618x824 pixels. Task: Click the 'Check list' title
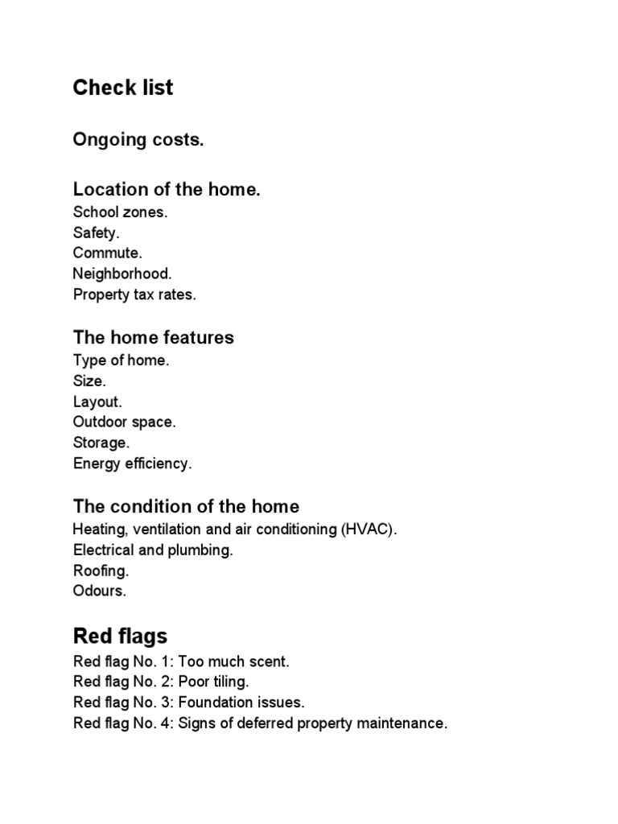click(x=122, y=88)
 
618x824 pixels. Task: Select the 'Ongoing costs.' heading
click(x=138, y=140)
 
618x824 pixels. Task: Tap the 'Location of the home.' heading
click(x=167, y=190)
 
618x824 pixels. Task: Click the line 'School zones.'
click(x=120, y=212)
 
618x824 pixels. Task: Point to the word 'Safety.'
click(x=96, y=233)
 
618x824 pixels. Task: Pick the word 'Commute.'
click(x=107, y=253)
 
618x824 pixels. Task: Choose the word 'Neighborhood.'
click(x=122, y=274)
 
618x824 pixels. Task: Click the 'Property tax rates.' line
click(x=134, y=295)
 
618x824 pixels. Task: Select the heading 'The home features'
click(x=153, y=338)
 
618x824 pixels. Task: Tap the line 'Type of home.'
click(x=121, y=360)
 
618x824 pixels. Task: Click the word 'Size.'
click(x=89, y=381)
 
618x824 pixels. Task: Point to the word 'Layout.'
click(x=97, y=402)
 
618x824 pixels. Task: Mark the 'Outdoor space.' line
click(x=124, y=422)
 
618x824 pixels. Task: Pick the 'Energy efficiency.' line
click(x=132, y=463)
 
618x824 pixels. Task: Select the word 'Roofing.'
click(x=101, y=571)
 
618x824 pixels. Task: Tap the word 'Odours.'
click(x=100, y=591)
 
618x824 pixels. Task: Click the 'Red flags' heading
click(x=120, y=637)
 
